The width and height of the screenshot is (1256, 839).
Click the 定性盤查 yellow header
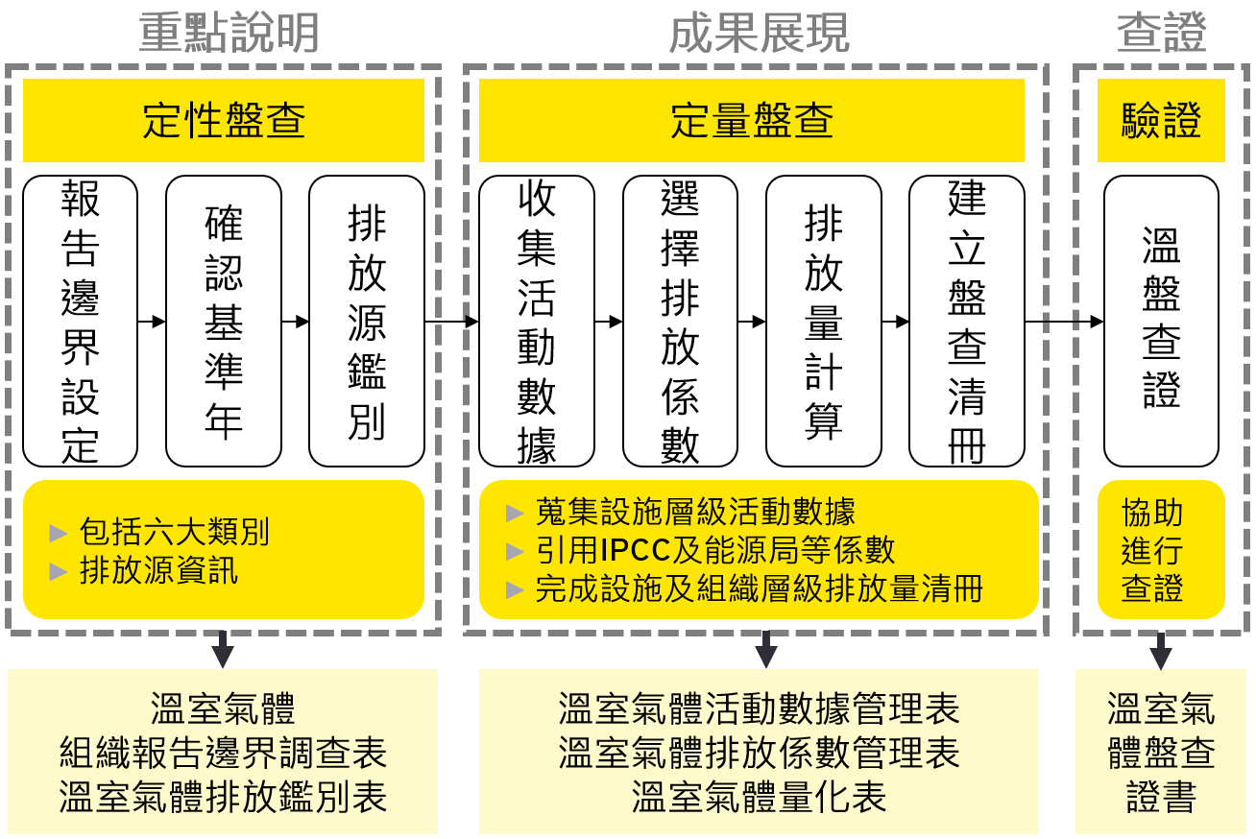pyautogui.click(x=223, y=121)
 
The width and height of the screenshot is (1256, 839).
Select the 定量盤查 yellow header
pyautogui.click(x=751, y=121)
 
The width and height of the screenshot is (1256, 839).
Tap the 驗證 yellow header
pyautogui.click(x=1161, y=121)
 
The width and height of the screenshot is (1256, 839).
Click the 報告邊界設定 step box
pyautogui.click(x=80, y=321)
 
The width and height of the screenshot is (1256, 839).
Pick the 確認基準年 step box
pyautogui.click(x=223, y=321)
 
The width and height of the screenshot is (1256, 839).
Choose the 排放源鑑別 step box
pyautogui.click(x=366, y=321)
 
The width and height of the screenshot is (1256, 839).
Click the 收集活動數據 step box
pyautogui.click(x=536, y=321)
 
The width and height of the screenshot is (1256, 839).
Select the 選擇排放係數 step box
pyautogui.click(x=680, y=321)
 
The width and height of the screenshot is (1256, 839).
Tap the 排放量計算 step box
pyautogui.click(x=823, y=321)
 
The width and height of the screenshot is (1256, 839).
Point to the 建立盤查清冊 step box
pyautogui.click(x=966, y=321)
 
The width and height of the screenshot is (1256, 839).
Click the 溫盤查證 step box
pyautogui.click(x=1161, y=321)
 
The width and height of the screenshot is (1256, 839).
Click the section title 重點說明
pyautogui.click(x=229, y=35)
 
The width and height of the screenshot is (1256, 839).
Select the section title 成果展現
pyautogui.click(x=759, y=35)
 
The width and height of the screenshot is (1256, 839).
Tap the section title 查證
pyautogui.click(x=1161, y=35)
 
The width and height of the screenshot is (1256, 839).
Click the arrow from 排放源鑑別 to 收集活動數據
pyautogui.click(x=451, y=322)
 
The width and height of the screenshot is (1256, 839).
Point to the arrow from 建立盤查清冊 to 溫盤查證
pyautogui.click(x=1064, y=322)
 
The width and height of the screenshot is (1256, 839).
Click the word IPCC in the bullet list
pyautogui.click(x=632, y=550)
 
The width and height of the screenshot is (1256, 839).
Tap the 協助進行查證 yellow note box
pyautogui.click(x=1161, y=550)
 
